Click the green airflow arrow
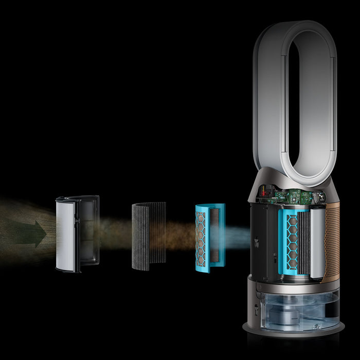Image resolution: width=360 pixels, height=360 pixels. [29, 234]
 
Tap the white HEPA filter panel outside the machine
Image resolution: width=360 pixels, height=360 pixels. [65, 234]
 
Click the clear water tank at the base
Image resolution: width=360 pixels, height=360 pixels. [293, 309]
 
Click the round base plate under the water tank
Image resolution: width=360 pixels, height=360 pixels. [293, 333]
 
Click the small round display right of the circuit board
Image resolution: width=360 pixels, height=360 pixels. [317, 195]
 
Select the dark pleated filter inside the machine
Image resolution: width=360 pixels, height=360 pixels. [303, 242]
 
